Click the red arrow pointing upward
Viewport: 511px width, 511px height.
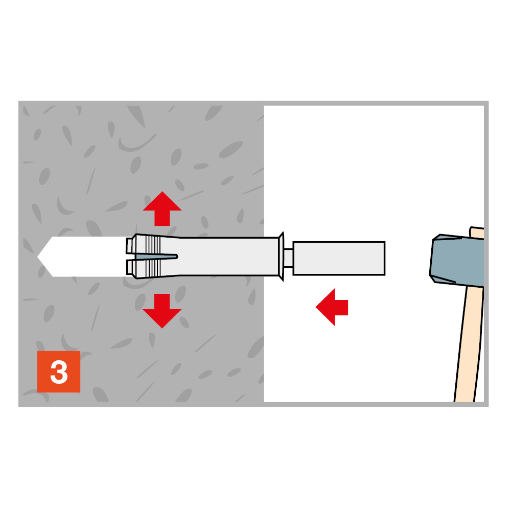(x=162, y=208)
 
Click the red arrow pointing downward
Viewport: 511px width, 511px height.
(x=162, y=311)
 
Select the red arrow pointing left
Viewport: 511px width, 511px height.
(x=332, y=307)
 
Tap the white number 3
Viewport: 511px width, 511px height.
(x=59, y=372)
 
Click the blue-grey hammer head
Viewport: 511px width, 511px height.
(x=457, y=260)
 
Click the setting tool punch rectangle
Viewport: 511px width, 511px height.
(x=339, y=259)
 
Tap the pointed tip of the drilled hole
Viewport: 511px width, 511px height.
(x=38, y=257)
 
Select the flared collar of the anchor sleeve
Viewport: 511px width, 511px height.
(x=281, y=257)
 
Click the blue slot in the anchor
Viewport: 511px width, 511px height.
(x=156, y=257)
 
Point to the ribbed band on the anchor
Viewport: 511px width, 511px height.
(x=153, y=257)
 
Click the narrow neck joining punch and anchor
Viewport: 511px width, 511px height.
(x=288, y=258)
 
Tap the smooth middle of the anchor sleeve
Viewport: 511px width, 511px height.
(x=228, y=257)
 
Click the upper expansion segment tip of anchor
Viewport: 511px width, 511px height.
(x=131, y=245)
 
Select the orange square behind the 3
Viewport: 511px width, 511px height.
(x=59, y=371)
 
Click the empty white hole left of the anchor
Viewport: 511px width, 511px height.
(x=84, y=257)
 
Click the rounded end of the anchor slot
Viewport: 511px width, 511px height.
(x=177, y=257)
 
